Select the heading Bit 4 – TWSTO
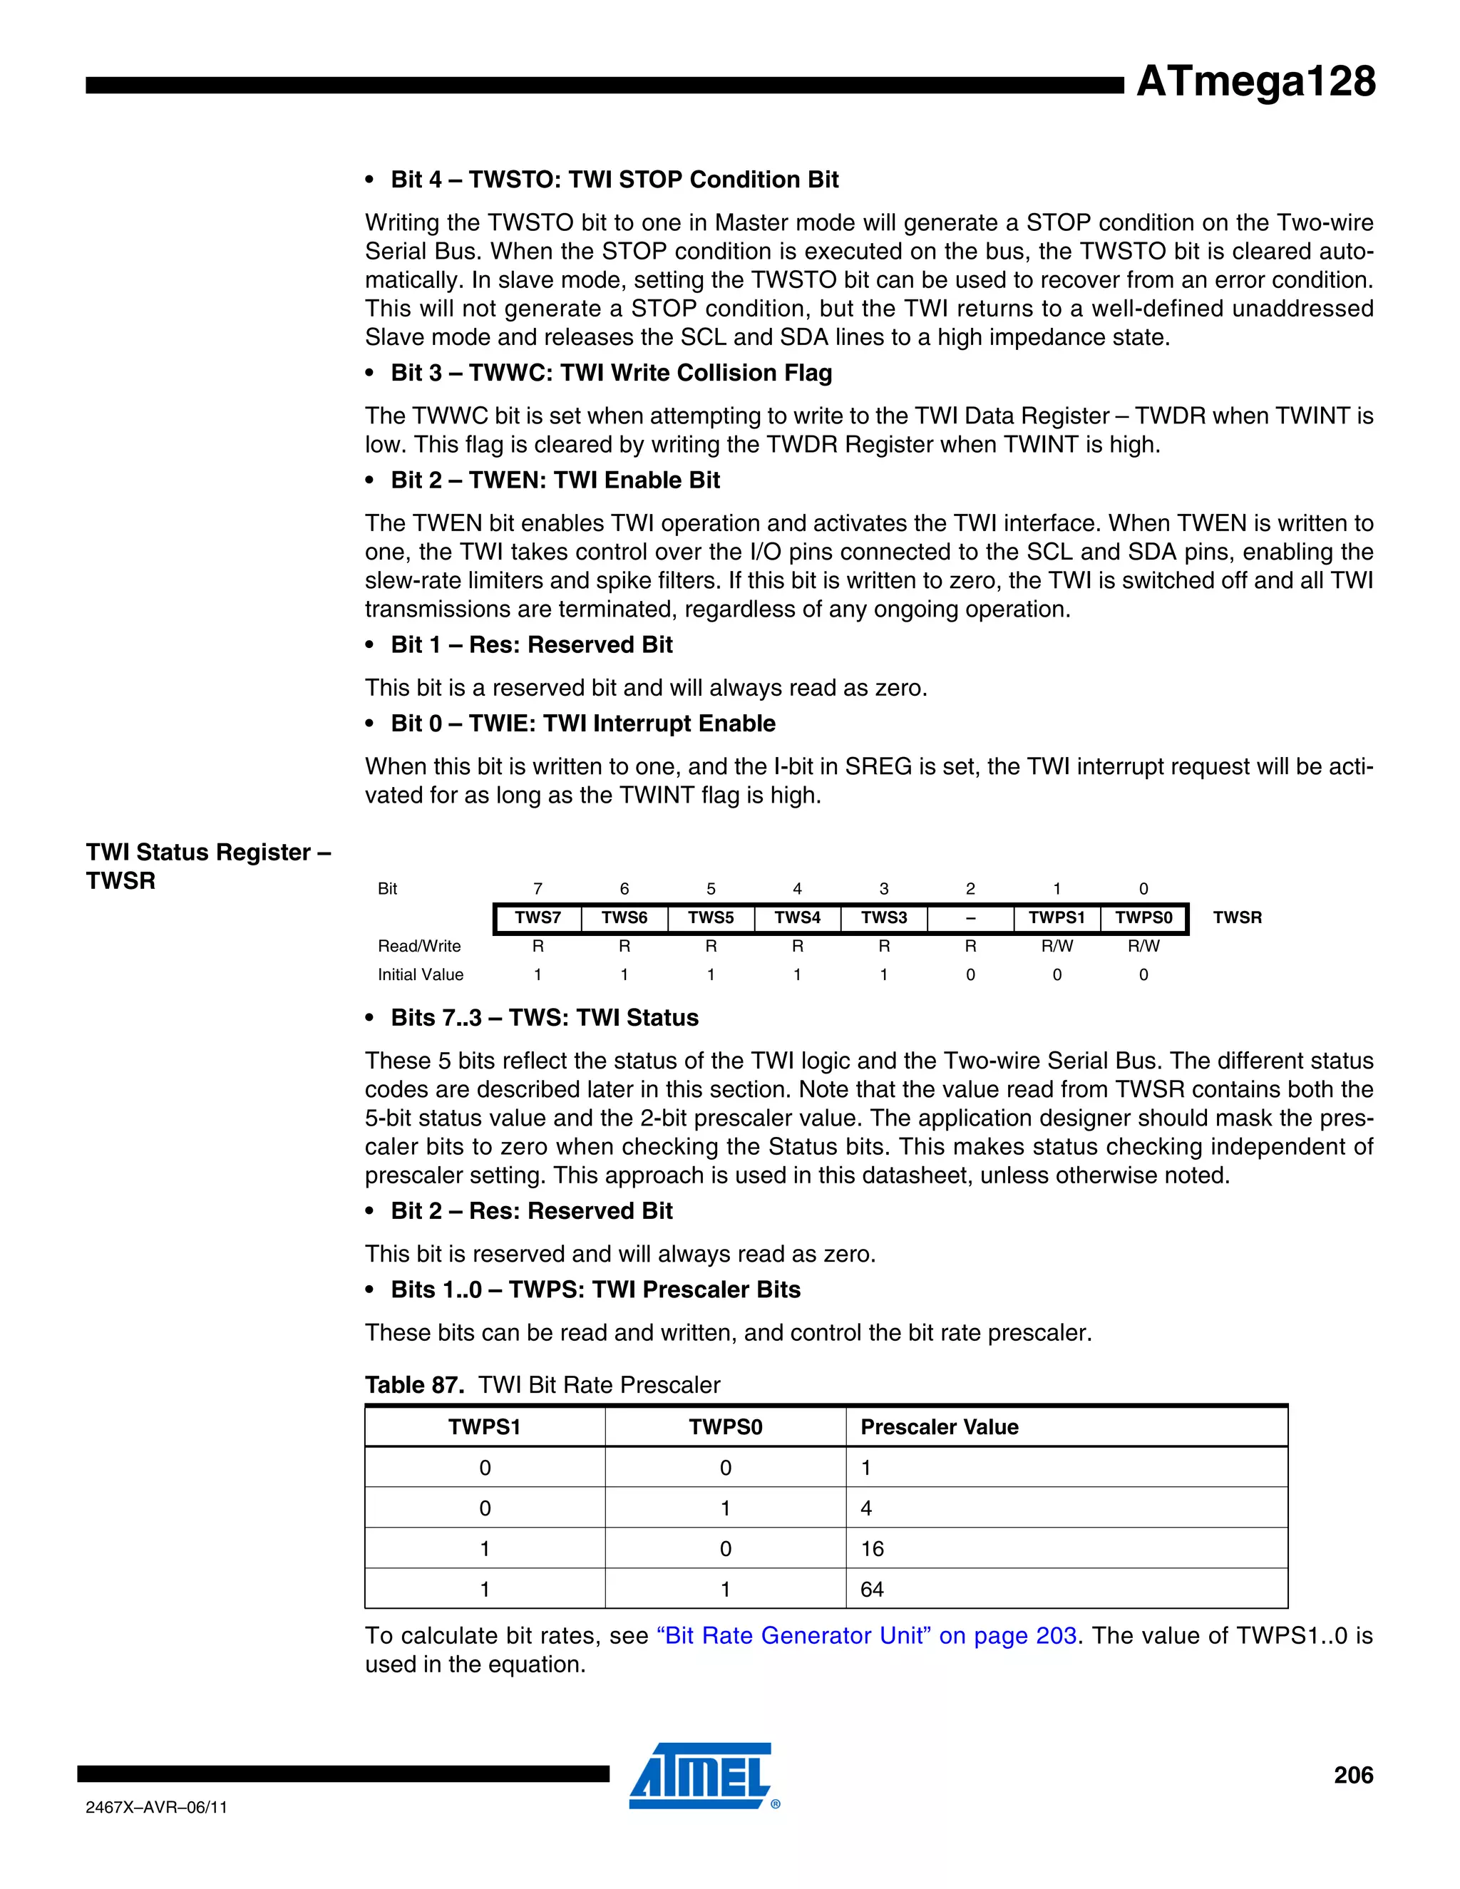click(x=614, y=179)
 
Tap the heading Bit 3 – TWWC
click(x=611, y=373)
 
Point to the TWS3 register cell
click(x=883, y=917)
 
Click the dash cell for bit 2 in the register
click(x=970, y=917)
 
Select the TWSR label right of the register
click(x=1237, y=917)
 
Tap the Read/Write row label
click(x=418, y=946)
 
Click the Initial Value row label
click(x=421, y=974)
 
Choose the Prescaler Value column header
click(x=940, y=1427)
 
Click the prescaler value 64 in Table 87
click(x=872, y=1590)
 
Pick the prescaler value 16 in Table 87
click(x=872, y=1549)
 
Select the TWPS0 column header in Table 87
click(x=725, y=1427)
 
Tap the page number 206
click(x=1353, y=1775)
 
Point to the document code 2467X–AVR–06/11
click(x=157, y=1808)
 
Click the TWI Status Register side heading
click(x=207, y=866)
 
